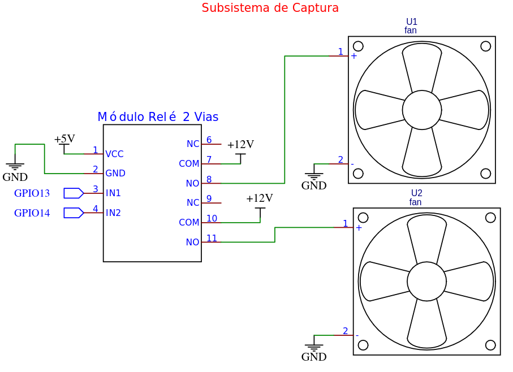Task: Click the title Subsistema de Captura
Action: (x=270, y=8)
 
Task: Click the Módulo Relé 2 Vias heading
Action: (x=158, y=117)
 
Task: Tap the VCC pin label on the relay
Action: (x=114, y=154)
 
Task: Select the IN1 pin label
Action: (x=113, y=193)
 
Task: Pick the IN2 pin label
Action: (x=113, y=213)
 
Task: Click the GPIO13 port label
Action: (x=32, y=193)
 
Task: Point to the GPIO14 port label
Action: (x=32, y=213)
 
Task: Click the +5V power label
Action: (x=64, y=139)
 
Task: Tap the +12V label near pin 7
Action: (x=240, y=145)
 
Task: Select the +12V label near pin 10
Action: (x=260, y=198)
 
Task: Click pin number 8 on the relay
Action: (x=209, y=180)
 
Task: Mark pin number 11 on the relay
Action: (x=212, y=239)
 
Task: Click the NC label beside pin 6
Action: (x=193, y=144)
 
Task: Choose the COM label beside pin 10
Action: (x=189, y=223)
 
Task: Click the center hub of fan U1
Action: (x=422, y=110)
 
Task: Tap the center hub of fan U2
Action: (x=426, y=281)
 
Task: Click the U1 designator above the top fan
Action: (x=411, y=22)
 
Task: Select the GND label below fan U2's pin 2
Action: (x=314, y=357)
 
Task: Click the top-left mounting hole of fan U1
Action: (x=358, y=46)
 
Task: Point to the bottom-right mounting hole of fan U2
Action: (x=490, y=345)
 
